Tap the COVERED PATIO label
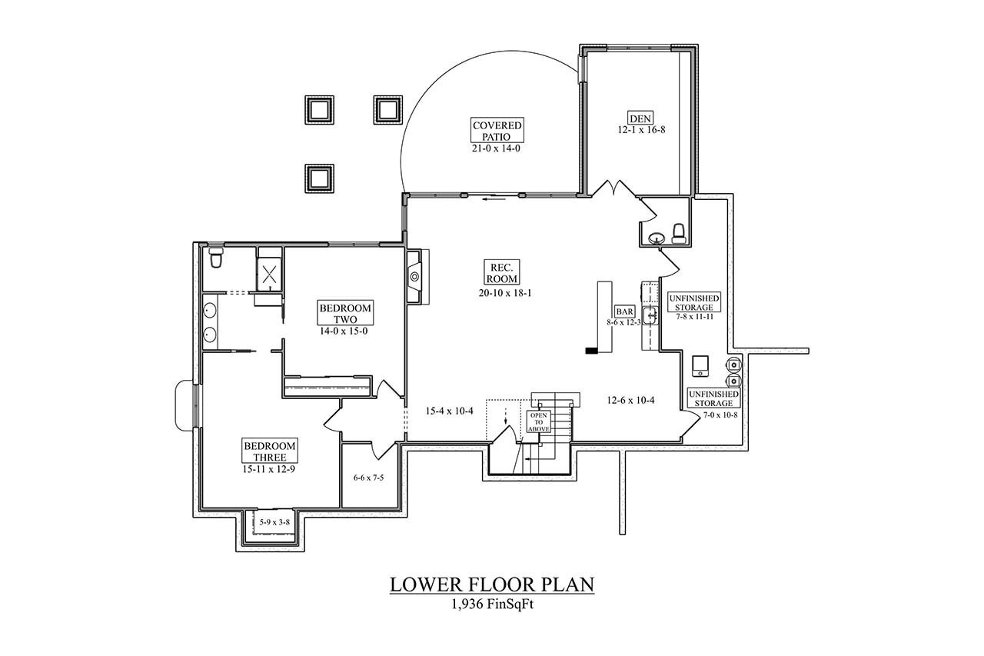pyautogui.click(x=497, y=131)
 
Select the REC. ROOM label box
pyautogui.click(x=500, y=273)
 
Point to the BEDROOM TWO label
pyautogui.click(x=345, y=313)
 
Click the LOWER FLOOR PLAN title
pyautogui.click(x=492, y=584)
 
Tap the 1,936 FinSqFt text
pyautogui.click(x=492, y=604)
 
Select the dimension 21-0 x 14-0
pyautogui.click(x=497, y=148)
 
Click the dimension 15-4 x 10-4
pyautogui.click(x=450, y=411)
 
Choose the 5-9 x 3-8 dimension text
pyautogui.click(x=274, y=522)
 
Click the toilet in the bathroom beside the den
pyautogui.click(x=679, y=233)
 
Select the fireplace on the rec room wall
pyautogui.click(x=414, y=276)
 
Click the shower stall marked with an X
pyautogui.click(x=269, y=271)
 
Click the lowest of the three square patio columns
pyautogui.click(x=318, y=178)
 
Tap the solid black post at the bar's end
pyautogui.click(x=591, y=351)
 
